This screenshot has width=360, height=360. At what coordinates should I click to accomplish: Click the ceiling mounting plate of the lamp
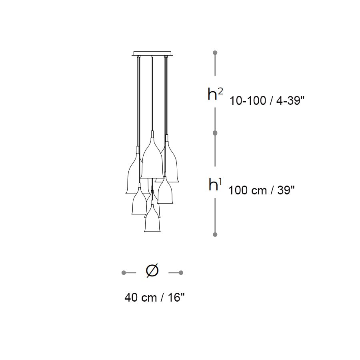(x=152, y=53)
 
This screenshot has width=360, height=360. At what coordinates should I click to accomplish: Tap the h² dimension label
(x=215, y=94)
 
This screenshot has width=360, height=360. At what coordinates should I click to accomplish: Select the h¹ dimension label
(x=215, y=184)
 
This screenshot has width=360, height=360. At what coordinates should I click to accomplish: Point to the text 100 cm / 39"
(x=262, y=190)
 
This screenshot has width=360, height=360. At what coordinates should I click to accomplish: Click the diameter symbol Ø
(x=152, y=270)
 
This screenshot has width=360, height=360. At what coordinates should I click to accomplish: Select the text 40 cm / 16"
(x=154, y=298)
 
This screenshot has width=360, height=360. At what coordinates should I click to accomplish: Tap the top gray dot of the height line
(x=215, y=53)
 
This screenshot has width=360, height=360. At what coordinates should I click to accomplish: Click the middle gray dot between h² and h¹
(x=215, y=133)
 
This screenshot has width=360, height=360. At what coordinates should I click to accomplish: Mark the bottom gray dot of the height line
(x=215, y=234)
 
